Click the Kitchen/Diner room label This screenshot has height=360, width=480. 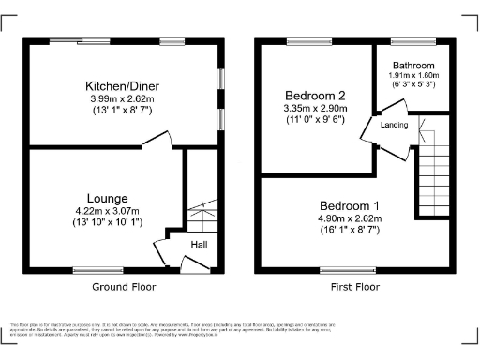click(x=124, y=86)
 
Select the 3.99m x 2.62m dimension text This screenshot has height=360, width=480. click(x=124, y=99)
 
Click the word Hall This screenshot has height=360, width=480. click(x=199, y=245)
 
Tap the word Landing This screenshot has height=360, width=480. click(x=394, y=126)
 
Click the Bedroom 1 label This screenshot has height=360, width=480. click(x=349, y=206)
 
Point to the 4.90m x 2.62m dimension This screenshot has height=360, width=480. click(x=349, y=219)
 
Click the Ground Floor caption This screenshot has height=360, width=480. click(x=124, y=287)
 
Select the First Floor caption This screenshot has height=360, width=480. click(x=349, y=287)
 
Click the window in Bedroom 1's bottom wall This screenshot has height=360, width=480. click(x=349, y=270)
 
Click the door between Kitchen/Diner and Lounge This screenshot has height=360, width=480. click(x=157, y=142)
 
